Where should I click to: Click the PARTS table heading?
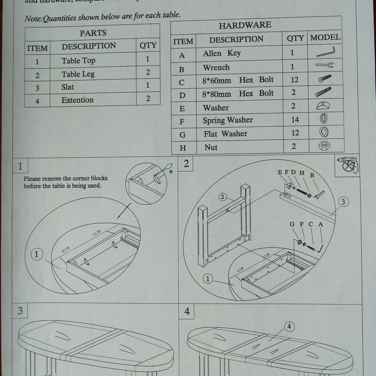(x=93, y=33)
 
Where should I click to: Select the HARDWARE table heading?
(x=245, y=25)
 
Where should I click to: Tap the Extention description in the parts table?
(x=77, y=100)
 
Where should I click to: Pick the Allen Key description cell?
(x=221, y=53)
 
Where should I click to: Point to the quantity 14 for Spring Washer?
(x=295, y=120)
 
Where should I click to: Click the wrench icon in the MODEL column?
(x=324, y=65)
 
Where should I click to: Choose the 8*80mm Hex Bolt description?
(x=238, y=93)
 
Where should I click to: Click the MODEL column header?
(x=325, y=38)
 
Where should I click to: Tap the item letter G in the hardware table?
(x=183, y=135)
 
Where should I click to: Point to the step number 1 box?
(x=20, y=166)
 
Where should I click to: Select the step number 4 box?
(x=187, y=312)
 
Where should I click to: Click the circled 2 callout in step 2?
(x=223, y=197)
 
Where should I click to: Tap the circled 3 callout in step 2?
(x=343, y=202)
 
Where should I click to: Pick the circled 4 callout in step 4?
(x=289, y=326)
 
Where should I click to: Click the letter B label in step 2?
(x=312, y=175)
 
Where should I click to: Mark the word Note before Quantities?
(x=32, y=18)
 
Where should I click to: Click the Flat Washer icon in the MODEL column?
(x=324, y=132)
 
